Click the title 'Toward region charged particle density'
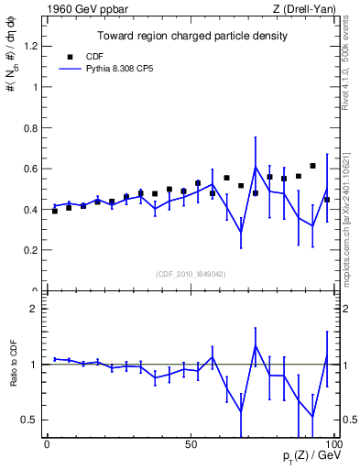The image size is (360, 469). click(192, 36)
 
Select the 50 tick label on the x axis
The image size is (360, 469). click(191, 442)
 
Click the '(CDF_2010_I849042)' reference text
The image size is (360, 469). click(191, 272)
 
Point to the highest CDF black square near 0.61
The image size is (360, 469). click(312, 166)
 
